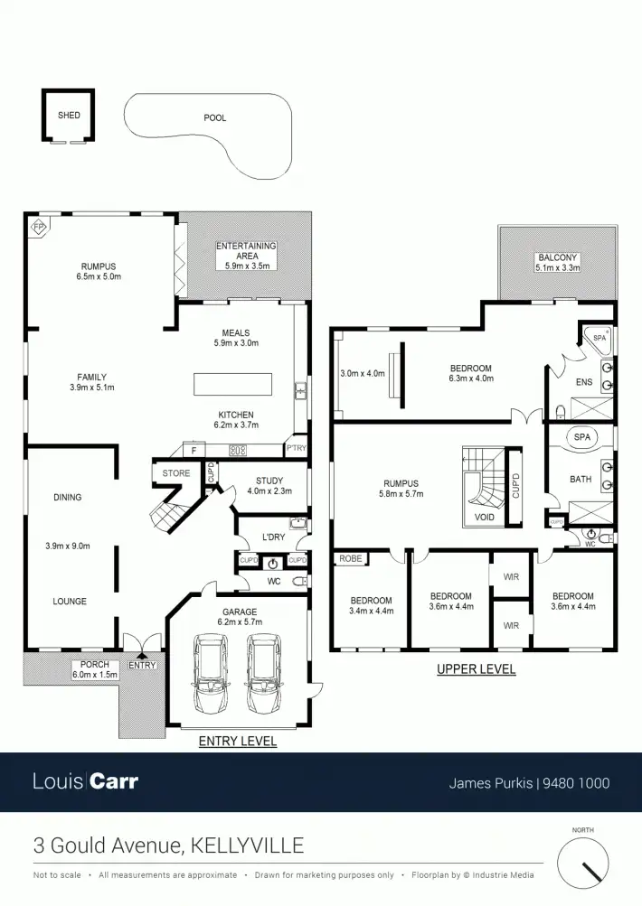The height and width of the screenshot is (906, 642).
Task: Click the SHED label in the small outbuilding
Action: click(x=69, y=116)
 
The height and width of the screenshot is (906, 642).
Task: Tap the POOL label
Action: click(x=215, y=118)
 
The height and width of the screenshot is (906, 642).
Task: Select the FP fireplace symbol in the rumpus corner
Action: click(x=39, y=227)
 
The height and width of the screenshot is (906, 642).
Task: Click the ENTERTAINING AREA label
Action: click(x=245, y=251)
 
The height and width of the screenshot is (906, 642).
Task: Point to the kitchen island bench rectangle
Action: click(x=233, y=384)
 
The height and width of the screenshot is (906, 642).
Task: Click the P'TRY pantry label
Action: click(x=297, y=448)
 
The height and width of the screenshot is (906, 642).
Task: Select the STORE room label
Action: click(x=176, y=472)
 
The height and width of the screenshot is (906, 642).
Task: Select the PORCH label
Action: click(x=94, y=665)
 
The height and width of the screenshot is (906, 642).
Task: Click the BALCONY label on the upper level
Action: click(x=557, y=257)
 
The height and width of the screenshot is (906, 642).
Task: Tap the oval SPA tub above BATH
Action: click(x=581, y=437)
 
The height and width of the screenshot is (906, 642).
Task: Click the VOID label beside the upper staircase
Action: click(x=484, y=518)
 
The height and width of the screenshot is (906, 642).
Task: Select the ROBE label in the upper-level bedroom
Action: click(x=351, y=559)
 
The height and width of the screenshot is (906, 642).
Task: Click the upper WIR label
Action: click(x=510, y=574)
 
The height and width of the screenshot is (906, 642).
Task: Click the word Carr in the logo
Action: click(x=114, y=781)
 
